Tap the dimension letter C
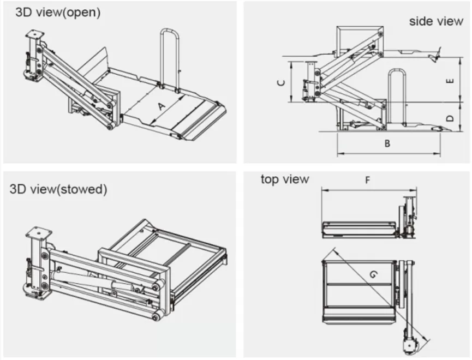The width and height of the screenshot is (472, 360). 280,83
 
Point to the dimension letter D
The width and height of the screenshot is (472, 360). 450,117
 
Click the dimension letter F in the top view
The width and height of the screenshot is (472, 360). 367,181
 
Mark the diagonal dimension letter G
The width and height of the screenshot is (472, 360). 373,278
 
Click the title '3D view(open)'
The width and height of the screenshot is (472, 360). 58,13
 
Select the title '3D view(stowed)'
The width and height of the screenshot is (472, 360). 58,189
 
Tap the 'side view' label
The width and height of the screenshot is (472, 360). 436,21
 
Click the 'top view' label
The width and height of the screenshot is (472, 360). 284,179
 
